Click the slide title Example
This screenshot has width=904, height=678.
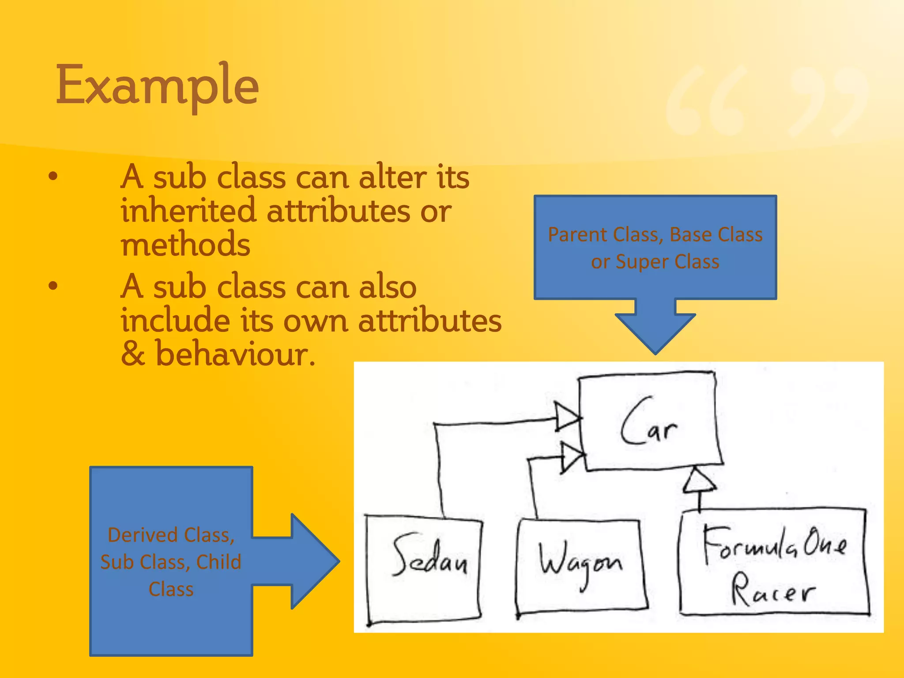[157, 86]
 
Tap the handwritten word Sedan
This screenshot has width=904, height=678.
[429, 557]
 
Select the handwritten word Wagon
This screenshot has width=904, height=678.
[580, 563]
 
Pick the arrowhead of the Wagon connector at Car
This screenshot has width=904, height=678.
[572, 457]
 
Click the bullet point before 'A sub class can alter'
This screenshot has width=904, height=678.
[53, 177]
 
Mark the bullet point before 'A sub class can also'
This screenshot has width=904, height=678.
[53, 286]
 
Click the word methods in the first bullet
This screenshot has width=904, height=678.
[185, 245]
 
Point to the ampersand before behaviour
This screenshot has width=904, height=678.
[133, 354]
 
